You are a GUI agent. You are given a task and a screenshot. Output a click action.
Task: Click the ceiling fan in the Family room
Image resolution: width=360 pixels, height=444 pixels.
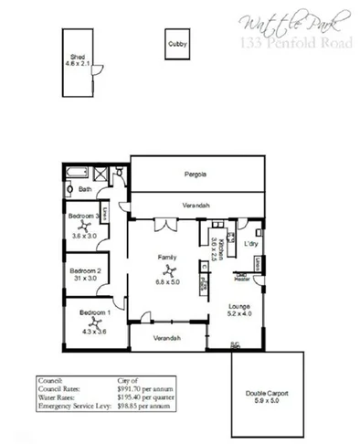(x=168, y=270)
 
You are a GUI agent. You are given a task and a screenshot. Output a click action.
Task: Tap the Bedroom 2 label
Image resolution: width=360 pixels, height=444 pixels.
(x=85, y=270)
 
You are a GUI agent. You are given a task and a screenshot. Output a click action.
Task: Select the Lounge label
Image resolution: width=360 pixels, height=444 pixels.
(x=238, y=306)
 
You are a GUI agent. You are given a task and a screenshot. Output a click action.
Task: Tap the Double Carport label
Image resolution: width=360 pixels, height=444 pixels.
(x=267, y=392)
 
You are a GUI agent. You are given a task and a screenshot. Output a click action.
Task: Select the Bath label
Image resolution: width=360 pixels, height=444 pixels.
(x=85, y=190)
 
